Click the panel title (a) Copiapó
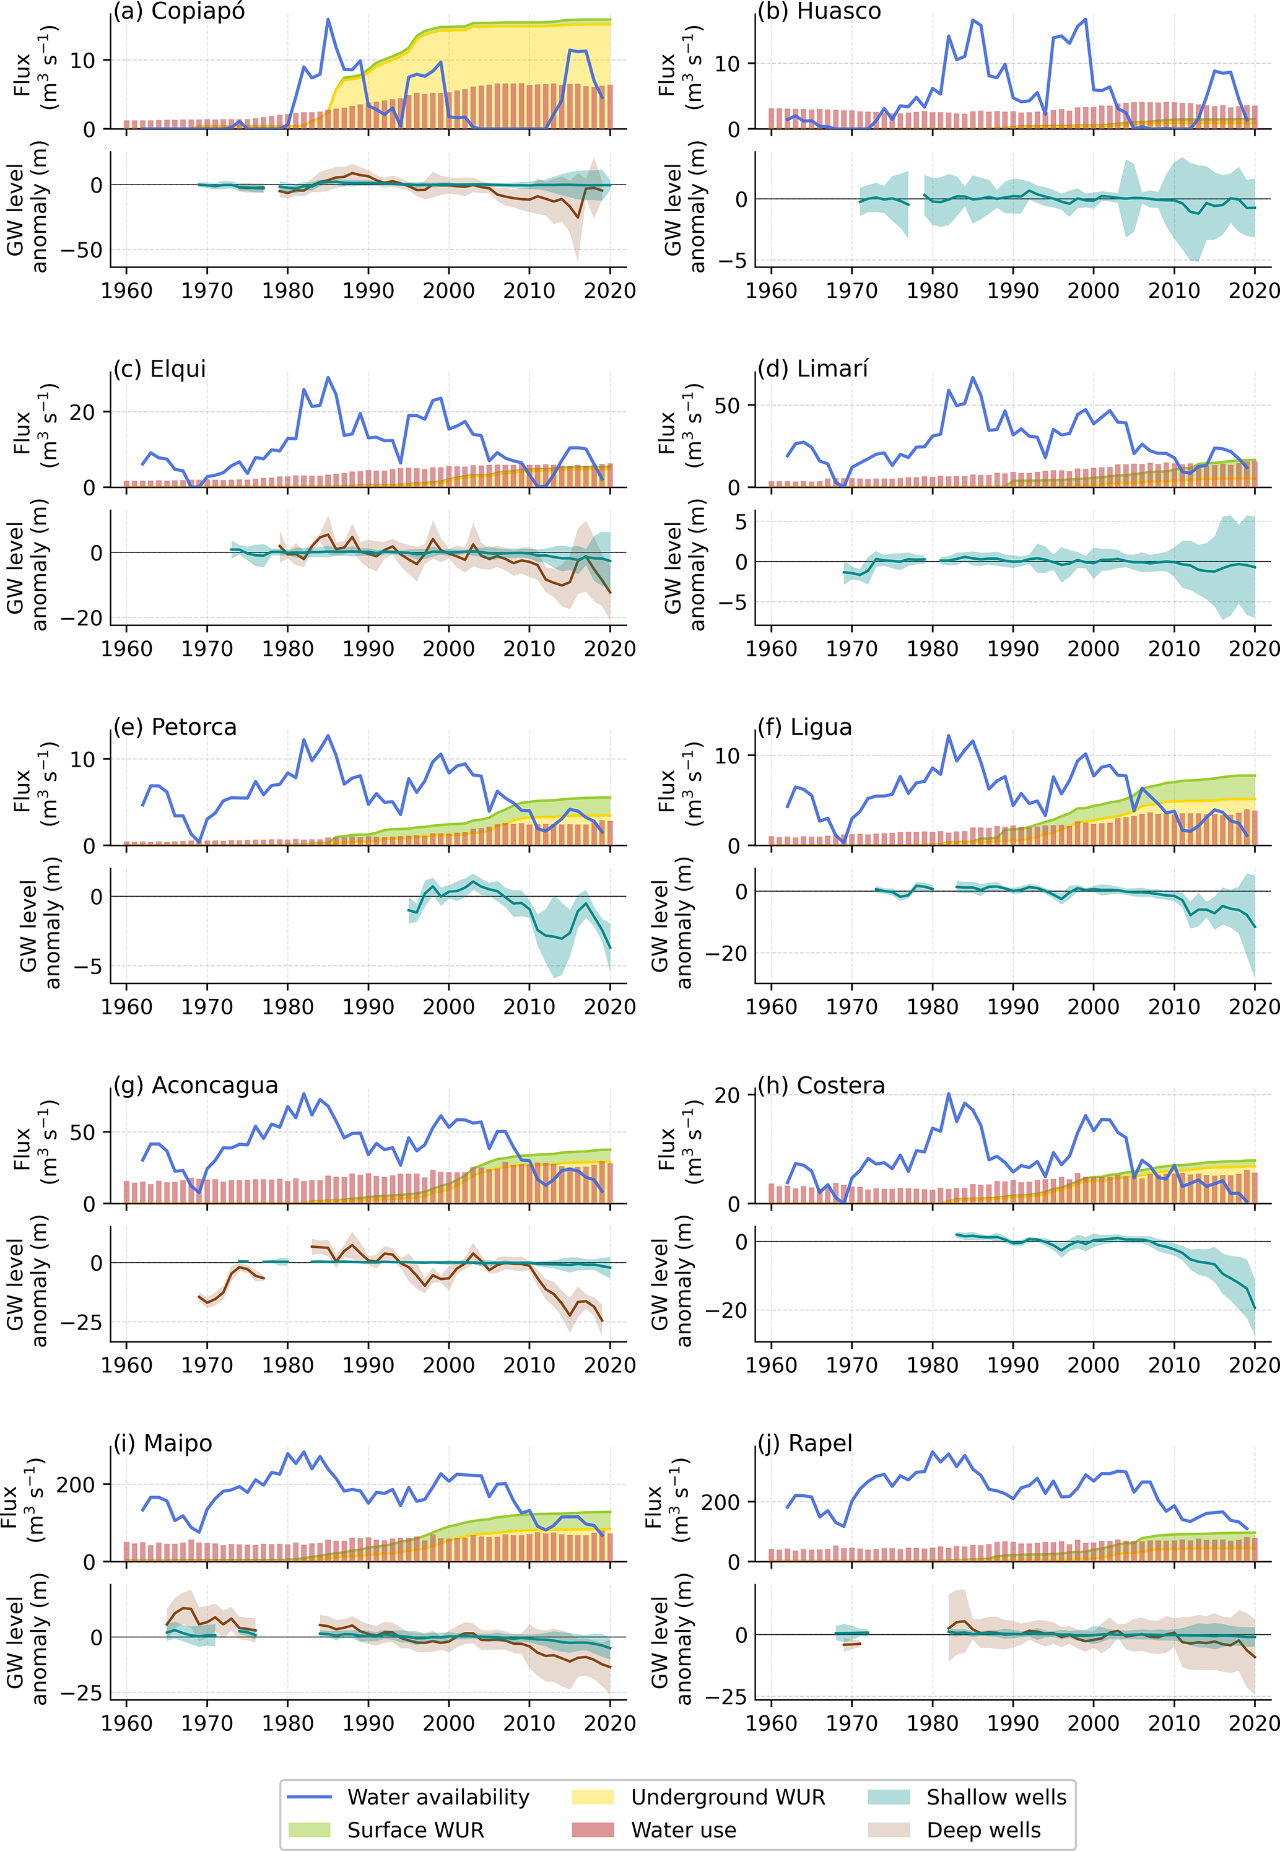[179, 11]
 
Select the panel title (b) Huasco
[819, 11]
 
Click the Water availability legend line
[309, 1797]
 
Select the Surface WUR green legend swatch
[309, 1830]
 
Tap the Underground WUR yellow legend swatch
[593, 1797]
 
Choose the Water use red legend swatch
[593, 1830]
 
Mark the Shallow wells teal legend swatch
[889, 1797]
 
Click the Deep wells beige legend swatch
[889, 1830]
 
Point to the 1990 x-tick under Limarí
[1013, 649]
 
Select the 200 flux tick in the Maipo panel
[76, 1484]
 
